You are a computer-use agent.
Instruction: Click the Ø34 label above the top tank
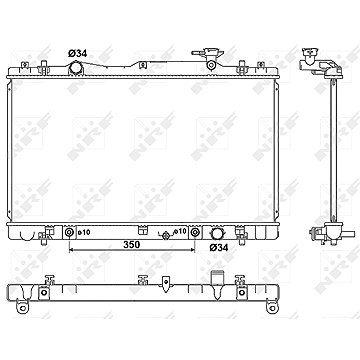[x=78, y=53]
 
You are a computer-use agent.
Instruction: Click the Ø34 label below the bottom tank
[x=219, y=247]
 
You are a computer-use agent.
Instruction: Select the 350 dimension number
[x=131, y=245]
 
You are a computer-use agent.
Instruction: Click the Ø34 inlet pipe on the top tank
[x=75, y=69]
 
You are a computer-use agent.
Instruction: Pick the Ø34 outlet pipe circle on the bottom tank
[x=217, y=233]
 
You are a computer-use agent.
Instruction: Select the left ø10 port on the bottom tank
[x=69, y=232]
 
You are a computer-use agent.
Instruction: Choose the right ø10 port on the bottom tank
[x=194, y=232]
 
